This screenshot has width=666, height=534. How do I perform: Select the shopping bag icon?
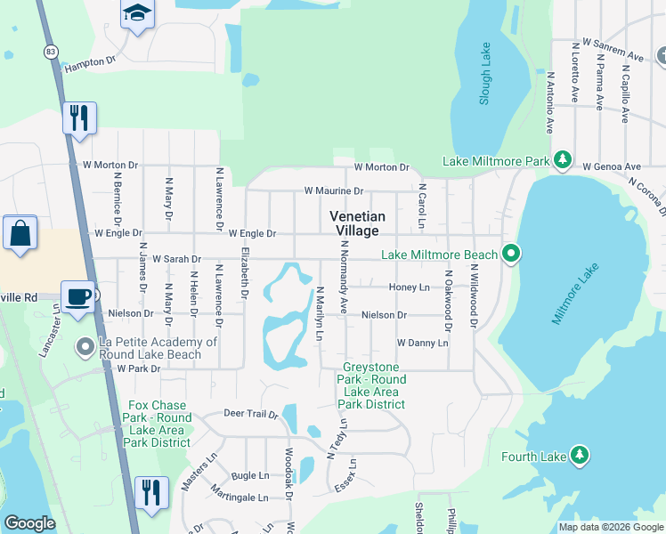[19, 233]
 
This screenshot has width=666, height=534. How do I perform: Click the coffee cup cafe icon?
[78, 296]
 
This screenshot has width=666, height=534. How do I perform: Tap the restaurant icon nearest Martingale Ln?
[151, 492]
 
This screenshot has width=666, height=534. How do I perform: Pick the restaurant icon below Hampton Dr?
[79, 117]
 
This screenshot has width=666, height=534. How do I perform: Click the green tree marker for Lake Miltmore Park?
[562, 160]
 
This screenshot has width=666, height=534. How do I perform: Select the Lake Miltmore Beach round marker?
[510, 255]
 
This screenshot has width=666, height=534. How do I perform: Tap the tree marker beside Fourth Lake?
[579, 456]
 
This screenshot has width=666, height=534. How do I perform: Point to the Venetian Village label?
[357, 223]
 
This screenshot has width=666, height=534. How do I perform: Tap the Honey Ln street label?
[409, 287]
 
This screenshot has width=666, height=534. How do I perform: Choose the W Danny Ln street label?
[422, 342]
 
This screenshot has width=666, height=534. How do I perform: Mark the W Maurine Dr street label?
[333, 190]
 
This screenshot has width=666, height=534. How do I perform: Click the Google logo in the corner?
[29, 522]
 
